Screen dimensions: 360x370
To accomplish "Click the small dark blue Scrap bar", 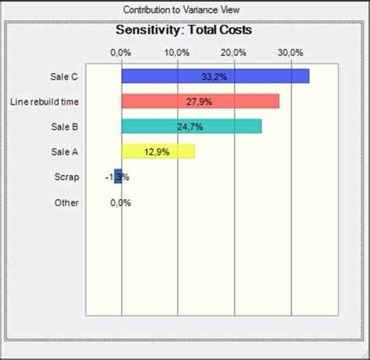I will [x=118, y=176].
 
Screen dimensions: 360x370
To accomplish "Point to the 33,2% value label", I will [x=214, y=77].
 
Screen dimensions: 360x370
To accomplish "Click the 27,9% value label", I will [x=199, y=102].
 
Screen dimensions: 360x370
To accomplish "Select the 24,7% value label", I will [x=190, y=127].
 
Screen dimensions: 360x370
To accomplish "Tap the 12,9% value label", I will [x=158, y=151].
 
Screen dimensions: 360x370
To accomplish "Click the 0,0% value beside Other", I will [x=120, y=202].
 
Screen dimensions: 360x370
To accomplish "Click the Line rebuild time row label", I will [x=44, y=102].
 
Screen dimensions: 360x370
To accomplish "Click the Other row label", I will [x=66, y=202].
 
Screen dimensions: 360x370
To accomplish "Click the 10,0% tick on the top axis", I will [x=177, y=52].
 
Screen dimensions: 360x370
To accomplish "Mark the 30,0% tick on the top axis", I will [x=290, y=52].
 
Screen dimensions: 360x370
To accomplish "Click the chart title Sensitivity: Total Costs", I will [x=183, y=31].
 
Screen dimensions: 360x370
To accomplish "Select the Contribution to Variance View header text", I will [x=184, y=9].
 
